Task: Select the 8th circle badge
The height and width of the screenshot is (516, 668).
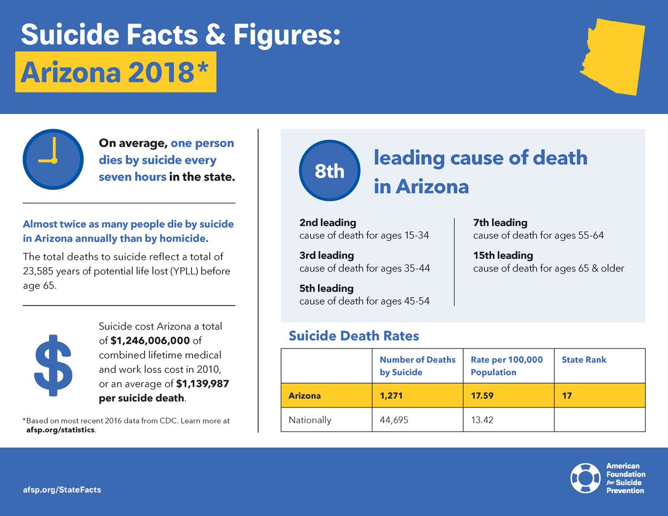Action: tap(330, 171)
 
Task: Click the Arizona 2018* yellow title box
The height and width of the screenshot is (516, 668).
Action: tap(115, 72)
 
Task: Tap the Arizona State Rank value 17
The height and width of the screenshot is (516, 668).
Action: tap(567, 396)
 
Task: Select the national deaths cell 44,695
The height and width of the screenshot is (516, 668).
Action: tap(394, 420)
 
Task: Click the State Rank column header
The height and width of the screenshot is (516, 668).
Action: tap(584, 360)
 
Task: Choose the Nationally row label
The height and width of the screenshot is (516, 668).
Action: tap(310, 420)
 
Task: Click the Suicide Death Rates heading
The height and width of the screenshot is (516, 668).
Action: tap(353, 336)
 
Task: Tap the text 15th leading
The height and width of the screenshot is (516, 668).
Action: tap(503, 255)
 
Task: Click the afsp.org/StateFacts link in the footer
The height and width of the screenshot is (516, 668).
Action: tap(62, 490)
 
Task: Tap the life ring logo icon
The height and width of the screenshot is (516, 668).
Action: tap(584, 478)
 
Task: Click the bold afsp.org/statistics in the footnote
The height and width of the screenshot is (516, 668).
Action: tap(60, 430)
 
